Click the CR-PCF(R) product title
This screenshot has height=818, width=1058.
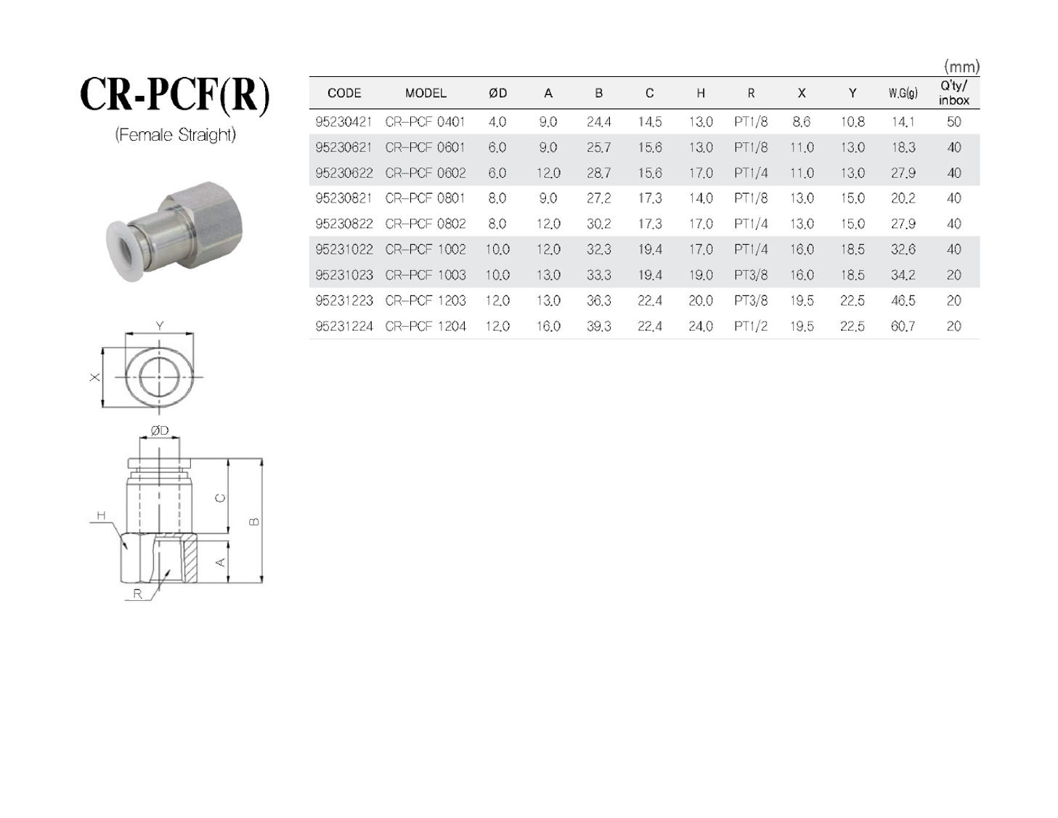point(174,95)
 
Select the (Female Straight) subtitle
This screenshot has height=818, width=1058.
point(175,135)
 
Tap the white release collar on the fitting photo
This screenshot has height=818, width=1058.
point(123,250)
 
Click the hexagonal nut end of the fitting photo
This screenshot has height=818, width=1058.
point(205,222)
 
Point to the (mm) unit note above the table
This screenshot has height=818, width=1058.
point(961,66)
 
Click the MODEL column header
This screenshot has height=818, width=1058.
point(426,93)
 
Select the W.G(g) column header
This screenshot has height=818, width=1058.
point(903,93)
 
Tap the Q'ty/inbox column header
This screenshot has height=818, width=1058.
point(954,93)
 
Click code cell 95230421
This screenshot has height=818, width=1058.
point(343,122)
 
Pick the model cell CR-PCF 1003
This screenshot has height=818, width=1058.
point(426,275)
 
